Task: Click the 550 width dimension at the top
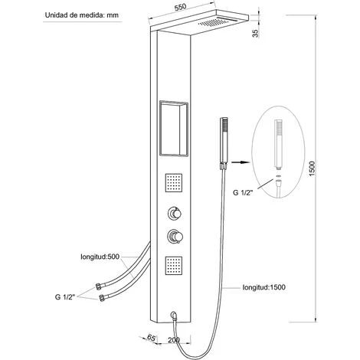coord(180,8)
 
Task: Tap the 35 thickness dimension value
coord(256,33)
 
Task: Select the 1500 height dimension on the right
coord(313,169)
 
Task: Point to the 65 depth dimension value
coord(152,338)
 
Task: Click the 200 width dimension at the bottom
coord(174,340)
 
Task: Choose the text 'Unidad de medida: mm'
coord(82,15)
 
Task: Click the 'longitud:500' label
coord(100,257)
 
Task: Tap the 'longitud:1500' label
coord(264,287)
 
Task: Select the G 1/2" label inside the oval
coord(243,192)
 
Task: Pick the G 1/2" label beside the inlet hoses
coord(65,297)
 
